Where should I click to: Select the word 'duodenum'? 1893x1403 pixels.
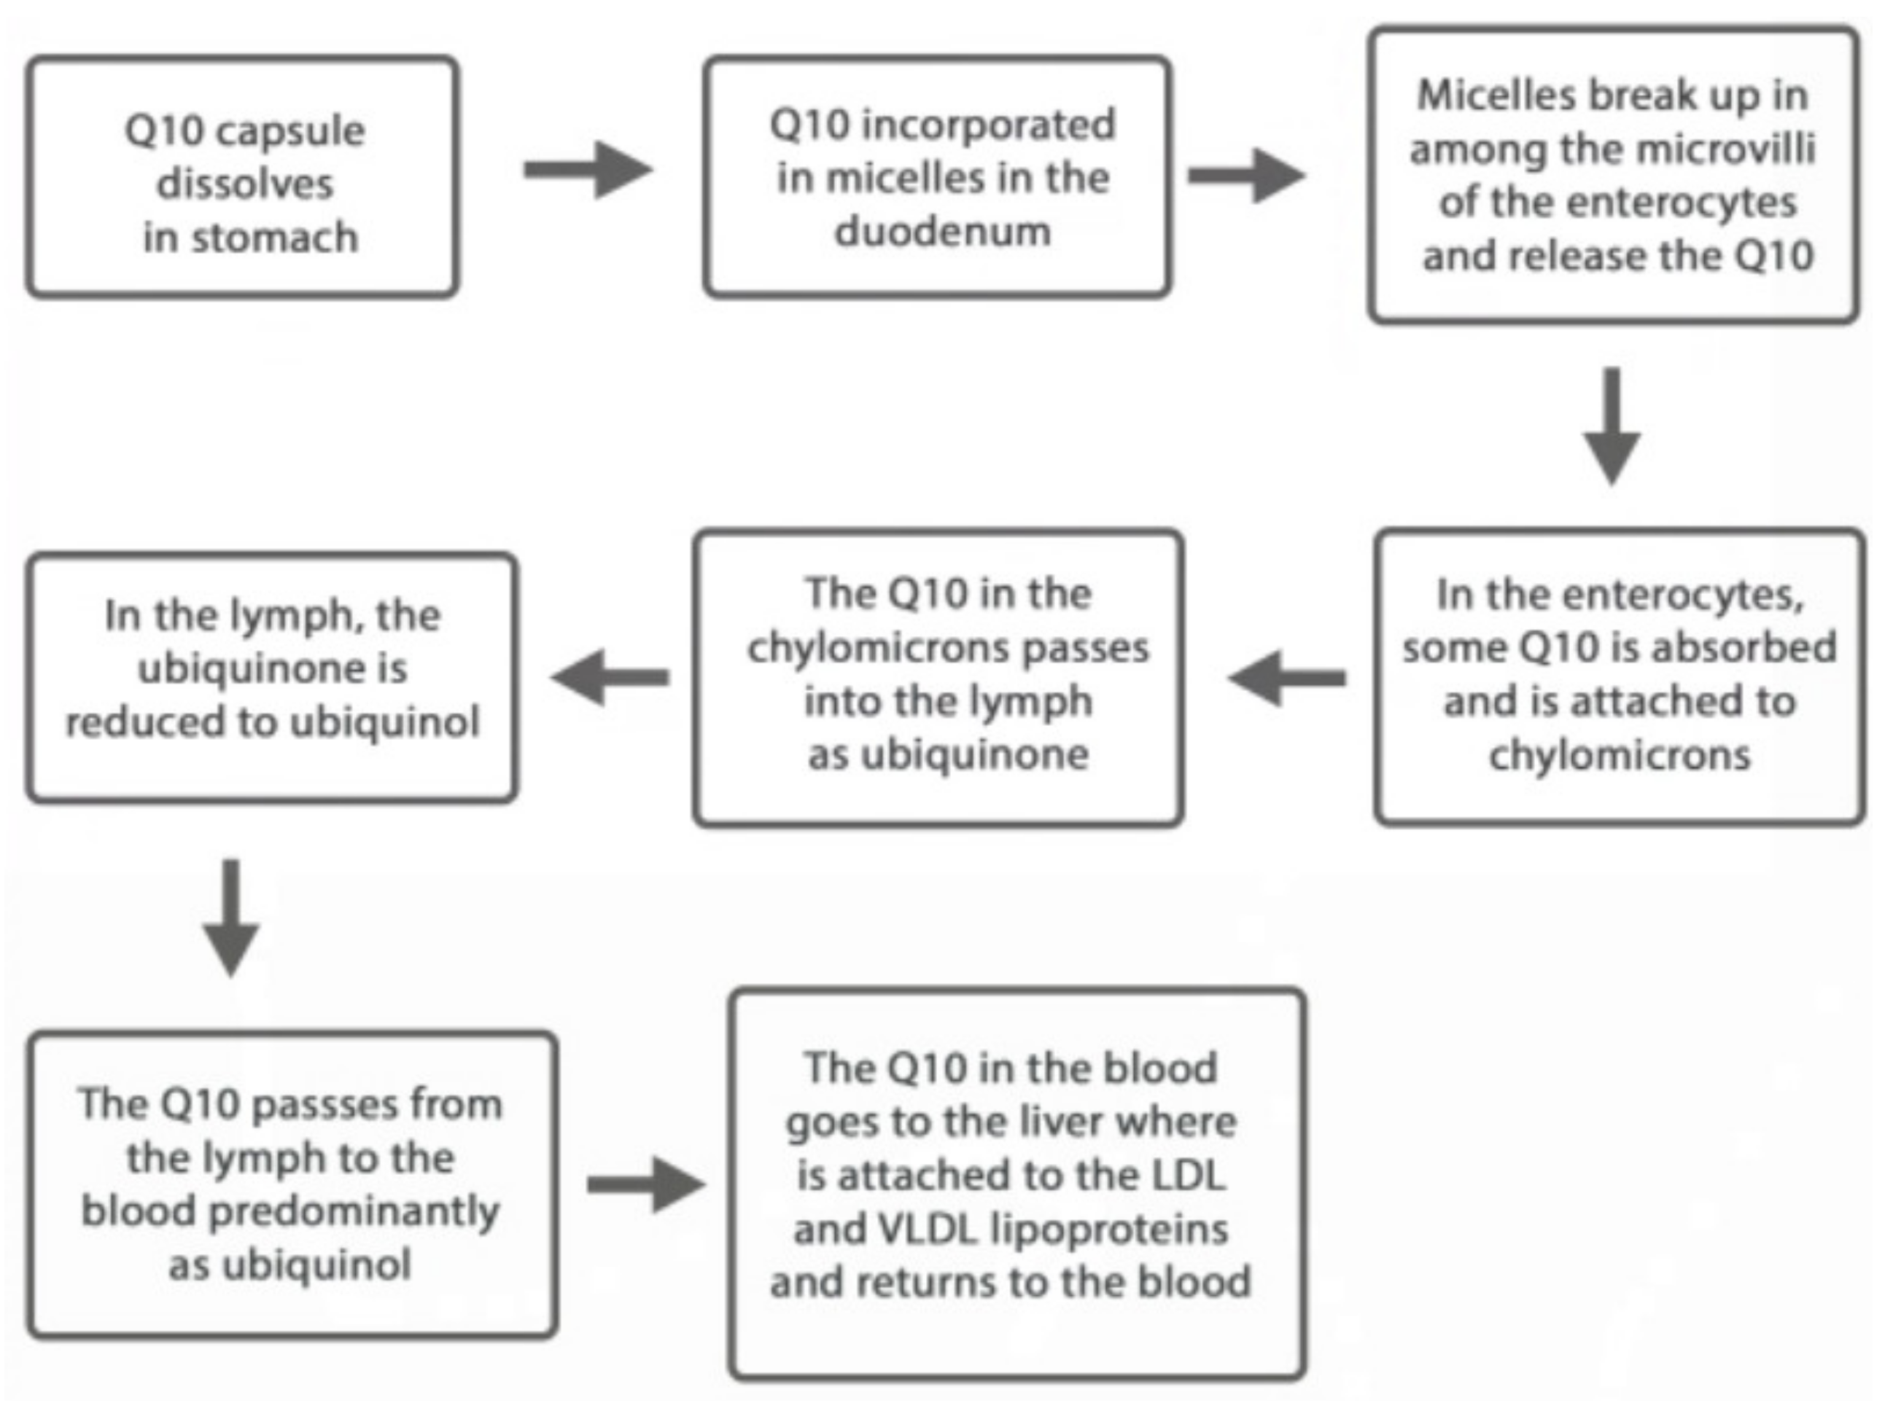tap(942, 231)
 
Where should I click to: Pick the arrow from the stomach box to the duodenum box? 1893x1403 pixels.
tap(587, 170)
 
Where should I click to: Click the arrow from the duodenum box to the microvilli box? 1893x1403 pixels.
tap(1245, 176)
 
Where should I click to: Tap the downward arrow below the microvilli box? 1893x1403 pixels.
tap(1611, 426)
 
